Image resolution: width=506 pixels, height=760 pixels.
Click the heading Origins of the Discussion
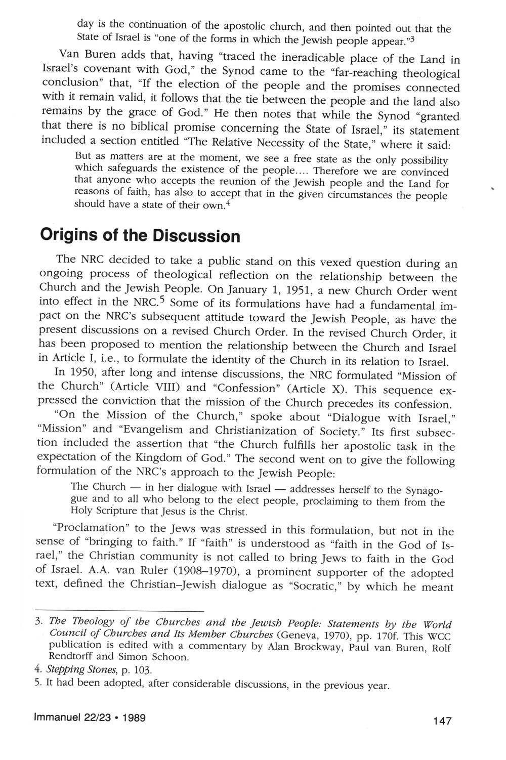(139, 236)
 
